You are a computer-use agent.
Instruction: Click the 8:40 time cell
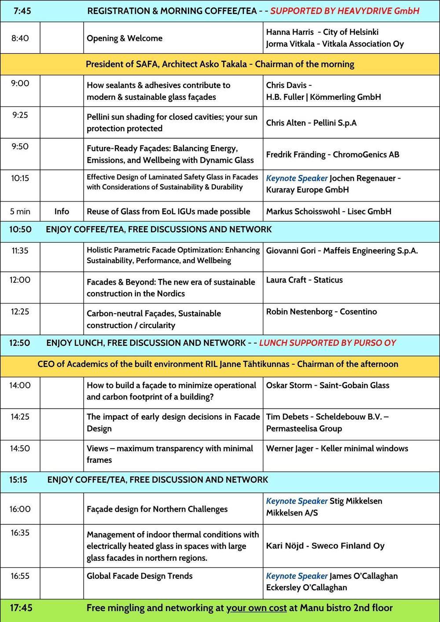pos(20,38)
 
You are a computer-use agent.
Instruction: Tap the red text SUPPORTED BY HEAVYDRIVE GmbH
pos(345,11)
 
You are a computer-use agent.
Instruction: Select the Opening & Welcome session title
pos(125,38)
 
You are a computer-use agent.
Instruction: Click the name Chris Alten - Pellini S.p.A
pos(311,123)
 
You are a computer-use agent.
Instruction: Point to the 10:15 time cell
pos(20,178)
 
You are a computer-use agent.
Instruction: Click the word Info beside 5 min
pos(62,212)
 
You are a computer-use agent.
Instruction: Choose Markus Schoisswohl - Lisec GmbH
pos(328,212)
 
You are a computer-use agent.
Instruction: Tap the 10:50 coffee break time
pos(20,230)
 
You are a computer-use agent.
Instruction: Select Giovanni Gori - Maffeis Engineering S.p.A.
pos(342,251)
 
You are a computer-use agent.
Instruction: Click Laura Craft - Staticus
pos(304,280)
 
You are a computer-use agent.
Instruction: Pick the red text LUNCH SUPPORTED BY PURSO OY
pos(327,343)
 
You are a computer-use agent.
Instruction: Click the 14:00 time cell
pos(20,385)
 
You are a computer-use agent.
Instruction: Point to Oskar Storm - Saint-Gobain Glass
pos(327,385)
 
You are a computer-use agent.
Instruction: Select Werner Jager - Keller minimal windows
pos(337,449)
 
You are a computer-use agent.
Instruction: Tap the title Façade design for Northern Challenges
pos(157,509)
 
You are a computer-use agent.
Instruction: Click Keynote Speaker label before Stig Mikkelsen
pos(297,501)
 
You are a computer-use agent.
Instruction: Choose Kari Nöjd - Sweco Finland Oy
pos(325,546)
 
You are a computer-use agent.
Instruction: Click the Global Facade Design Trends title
pos(139,576)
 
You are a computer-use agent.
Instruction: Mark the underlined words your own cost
pos(256,608)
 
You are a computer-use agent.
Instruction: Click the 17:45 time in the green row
pos(21,608)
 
